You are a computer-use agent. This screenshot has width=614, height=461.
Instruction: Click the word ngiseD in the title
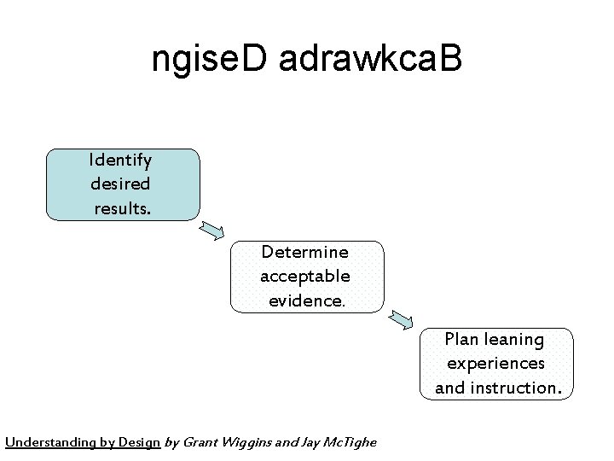point(211,59)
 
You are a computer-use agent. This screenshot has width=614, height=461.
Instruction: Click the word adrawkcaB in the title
point(371,59)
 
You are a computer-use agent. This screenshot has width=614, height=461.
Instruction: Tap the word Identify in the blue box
point(120,160)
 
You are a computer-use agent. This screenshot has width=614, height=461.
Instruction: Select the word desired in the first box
point(120,184)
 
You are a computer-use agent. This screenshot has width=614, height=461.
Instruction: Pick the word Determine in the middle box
point(304,252)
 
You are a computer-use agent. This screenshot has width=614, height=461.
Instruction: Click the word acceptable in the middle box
point(304,276)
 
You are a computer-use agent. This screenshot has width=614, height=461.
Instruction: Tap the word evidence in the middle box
point(306,301)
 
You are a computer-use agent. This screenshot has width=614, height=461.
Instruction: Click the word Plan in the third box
point(460,339)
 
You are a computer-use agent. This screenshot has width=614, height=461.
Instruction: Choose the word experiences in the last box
point(495,363)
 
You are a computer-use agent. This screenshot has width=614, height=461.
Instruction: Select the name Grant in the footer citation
point(201,442)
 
